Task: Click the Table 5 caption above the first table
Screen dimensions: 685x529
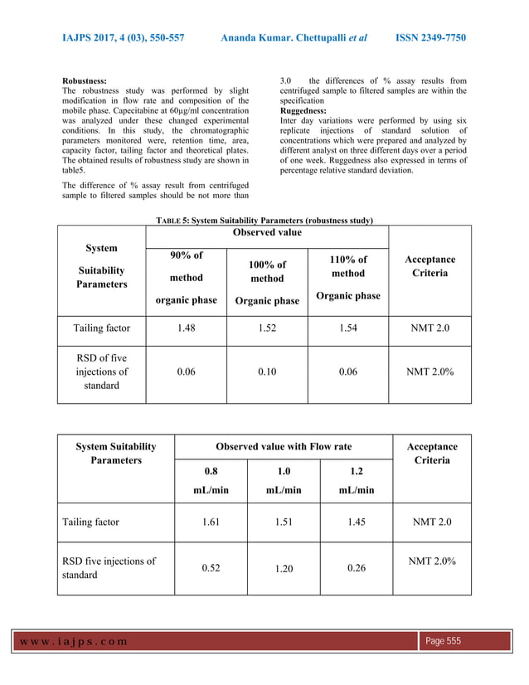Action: (264, 220)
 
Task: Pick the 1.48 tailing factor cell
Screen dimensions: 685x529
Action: (187, 328)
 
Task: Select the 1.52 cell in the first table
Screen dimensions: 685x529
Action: (267, 328)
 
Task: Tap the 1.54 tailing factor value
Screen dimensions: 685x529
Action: (348, 328)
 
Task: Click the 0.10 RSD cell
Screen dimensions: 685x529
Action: (267, 372)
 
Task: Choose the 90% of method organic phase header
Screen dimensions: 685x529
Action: (187, 278)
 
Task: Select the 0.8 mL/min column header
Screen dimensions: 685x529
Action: (211, 480)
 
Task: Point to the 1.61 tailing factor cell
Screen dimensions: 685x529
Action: (211, 522)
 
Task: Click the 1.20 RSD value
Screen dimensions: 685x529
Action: (284, 570)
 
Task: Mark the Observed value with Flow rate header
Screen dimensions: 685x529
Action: (284, 447)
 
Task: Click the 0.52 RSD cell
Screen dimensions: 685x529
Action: (211, 568)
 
